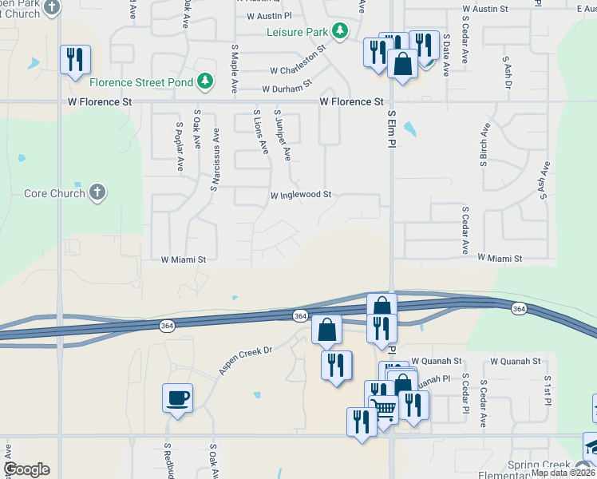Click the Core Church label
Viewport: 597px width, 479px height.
coord(54,193)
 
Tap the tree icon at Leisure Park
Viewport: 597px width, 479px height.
coord(341,31)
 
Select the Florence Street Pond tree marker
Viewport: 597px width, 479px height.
coord(206,81)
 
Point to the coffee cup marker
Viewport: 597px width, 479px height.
coord(177,398)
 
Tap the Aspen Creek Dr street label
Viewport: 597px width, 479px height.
coord(246,360)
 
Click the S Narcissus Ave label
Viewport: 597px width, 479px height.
coord(215,161)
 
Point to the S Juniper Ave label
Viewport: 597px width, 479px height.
coord(282,135)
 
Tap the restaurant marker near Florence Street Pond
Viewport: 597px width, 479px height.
coord(75,60)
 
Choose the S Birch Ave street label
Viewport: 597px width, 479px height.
coord(484,145)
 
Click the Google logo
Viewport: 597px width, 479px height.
coord(27,469)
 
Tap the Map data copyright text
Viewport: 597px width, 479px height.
coord(563,473)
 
